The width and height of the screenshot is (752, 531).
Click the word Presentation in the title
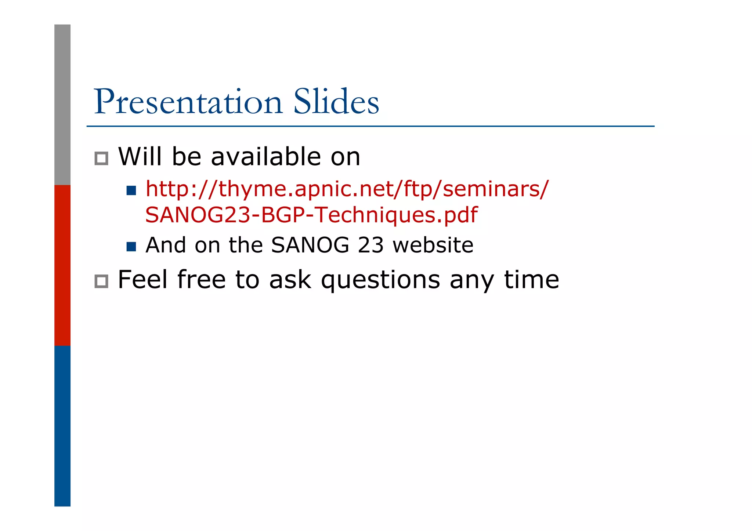[188, 102]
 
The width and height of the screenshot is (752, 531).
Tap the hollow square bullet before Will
[101, 159]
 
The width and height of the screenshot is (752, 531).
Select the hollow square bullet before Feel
[101, 281]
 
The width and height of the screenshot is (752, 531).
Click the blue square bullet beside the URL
[131, 190]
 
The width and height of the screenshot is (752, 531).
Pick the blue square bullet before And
[131, 247]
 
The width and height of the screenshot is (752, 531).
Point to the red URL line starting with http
[347, 190]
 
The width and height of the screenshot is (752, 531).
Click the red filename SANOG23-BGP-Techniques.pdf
[311, 215]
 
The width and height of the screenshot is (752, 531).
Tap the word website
[433, 245]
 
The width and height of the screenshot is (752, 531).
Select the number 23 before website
[370, 245]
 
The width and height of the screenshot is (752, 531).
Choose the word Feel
[142, 280]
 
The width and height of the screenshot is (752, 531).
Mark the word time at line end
[531, 280]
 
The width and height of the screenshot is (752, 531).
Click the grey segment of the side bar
[62, 105]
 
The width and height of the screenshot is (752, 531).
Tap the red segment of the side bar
[62, 265]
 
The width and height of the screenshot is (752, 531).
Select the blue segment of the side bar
[62, 426]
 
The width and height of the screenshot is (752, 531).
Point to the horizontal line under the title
[370, 126]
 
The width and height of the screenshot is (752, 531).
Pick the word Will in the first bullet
[140, 157]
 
